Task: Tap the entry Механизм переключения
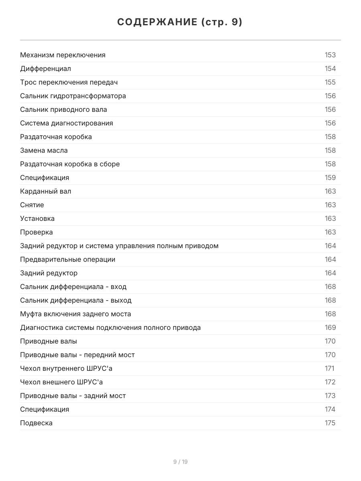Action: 63,55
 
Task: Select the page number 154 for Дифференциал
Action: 330,69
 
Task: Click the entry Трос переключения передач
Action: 69,82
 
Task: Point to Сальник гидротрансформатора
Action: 73,96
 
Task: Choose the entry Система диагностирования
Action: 67,123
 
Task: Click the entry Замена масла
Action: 44,150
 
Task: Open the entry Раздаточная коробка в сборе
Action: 70,164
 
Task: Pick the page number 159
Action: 330,178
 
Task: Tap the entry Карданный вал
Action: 46,191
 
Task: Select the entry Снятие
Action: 32,205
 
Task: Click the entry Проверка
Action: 37,232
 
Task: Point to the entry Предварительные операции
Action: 68,259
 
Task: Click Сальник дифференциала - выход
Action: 76,300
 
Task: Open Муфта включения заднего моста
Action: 75,314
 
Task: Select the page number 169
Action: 330,327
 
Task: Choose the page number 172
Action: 330,382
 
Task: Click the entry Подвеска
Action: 37,423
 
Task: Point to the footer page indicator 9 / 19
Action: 180,462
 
